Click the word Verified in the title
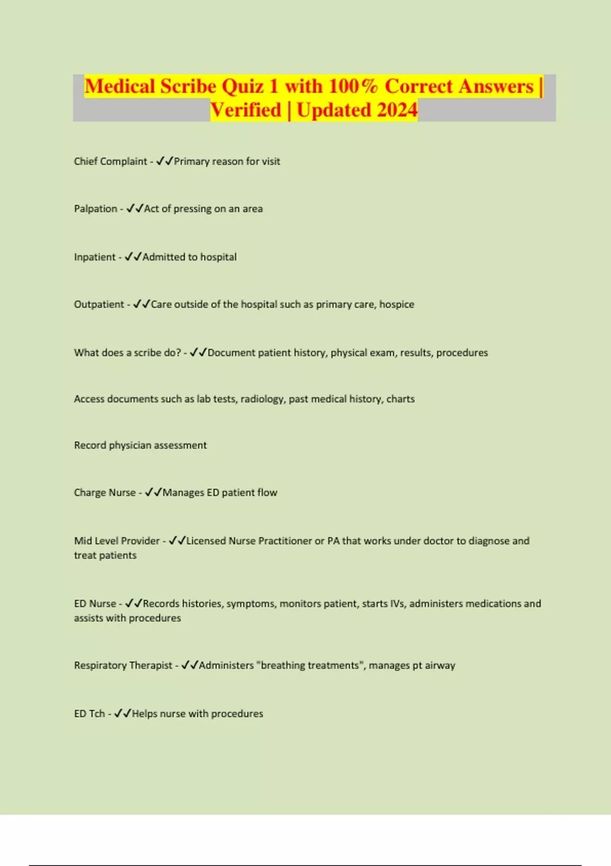tap(246, 110)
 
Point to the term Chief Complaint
tap(110, 161)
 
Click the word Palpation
tap(96, 209)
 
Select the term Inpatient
tap(95, 257)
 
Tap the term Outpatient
tap(99, 305)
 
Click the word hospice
tap(397, 305)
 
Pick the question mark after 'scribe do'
tap(178, 353)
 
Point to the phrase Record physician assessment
tap(141, 445)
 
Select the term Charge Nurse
tap(105, 493)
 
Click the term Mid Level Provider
tap(117, 541)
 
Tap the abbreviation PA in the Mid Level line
tap(333, 541)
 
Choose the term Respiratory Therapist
tap(123, 665)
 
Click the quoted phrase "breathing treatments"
tap(310, 665)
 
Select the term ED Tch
tap(89, 714)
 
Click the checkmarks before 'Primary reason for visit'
tap(164, 161)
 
